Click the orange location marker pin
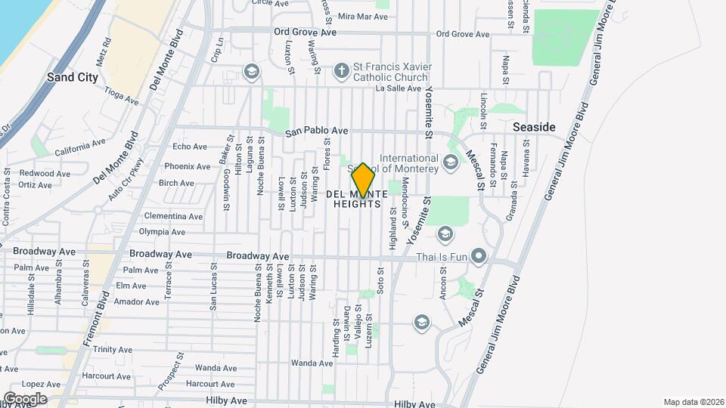tap(363, 180)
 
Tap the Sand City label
tap(73, 77)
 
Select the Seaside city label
tap(534, 127)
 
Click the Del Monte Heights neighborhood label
tap(358, 199)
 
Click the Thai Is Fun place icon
tap(478, 257)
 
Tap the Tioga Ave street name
tap(122, 97)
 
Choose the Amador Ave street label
tap(136, 301)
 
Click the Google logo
tap(25, 398)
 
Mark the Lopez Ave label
tap(36, 384)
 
